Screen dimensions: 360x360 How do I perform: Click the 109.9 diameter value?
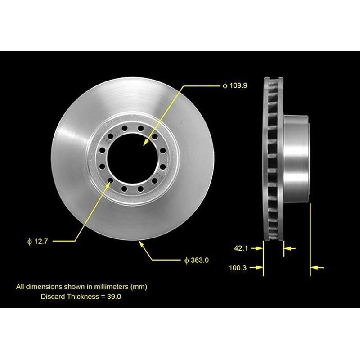pos(238,85)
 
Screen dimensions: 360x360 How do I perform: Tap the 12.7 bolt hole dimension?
pos(40,242)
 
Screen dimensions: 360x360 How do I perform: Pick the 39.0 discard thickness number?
pos(113,297)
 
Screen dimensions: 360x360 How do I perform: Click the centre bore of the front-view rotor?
pos(134,155)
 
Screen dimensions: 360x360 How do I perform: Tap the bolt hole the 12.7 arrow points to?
pos(110,182)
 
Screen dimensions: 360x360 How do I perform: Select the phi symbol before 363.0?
pos(186,260)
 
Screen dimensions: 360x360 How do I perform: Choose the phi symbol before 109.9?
pos(225,85)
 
